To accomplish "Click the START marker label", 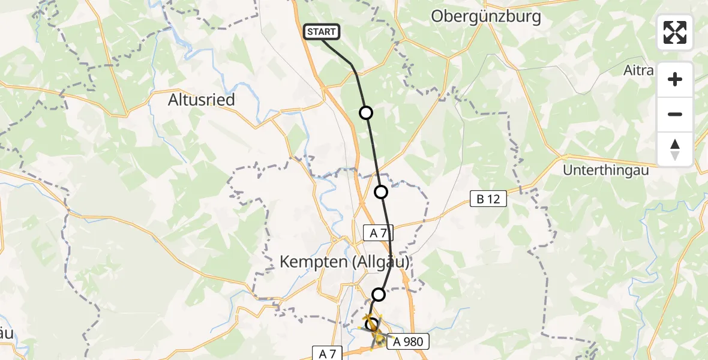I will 322,32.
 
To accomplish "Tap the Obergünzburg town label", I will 486,17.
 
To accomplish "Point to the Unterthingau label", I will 606,170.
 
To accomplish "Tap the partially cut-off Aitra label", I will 638,71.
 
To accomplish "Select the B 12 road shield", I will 488,199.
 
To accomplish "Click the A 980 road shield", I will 408,342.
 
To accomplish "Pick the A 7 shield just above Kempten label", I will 378,233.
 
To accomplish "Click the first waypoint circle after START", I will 365,113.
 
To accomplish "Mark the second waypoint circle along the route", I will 381,192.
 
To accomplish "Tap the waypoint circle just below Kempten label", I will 379,294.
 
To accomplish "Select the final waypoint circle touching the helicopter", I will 371,324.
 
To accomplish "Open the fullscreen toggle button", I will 675,32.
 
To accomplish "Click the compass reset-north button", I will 675,149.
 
